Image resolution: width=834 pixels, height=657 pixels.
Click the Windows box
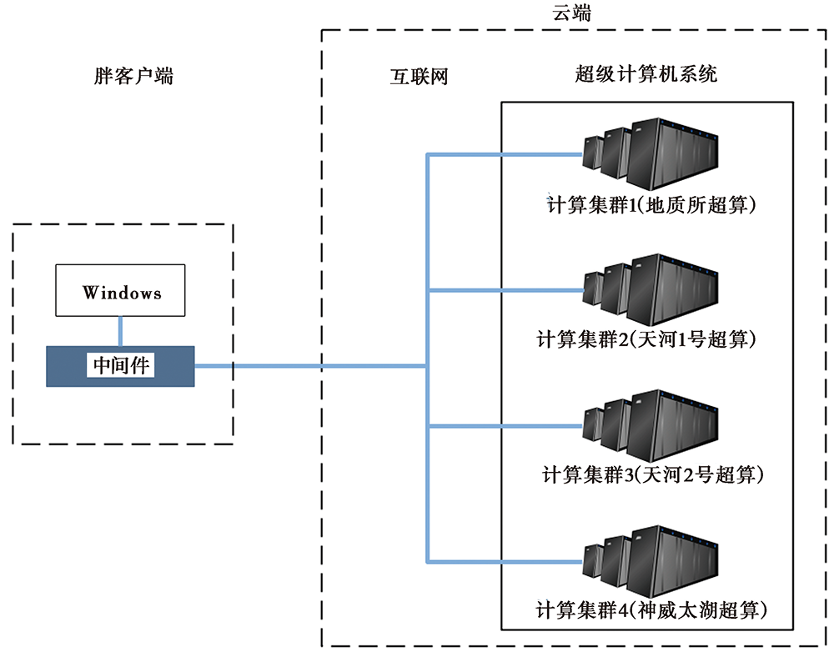click(x=120, y=290)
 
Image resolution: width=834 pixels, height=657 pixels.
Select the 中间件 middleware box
click(x=120, y=366)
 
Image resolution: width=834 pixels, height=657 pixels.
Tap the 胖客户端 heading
click(x=133, y=76)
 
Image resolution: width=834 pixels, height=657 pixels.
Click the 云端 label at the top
click(x=572, y=13)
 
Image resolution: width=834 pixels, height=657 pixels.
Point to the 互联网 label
click(x=420, y=77)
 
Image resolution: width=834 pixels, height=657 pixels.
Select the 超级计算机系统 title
click(x=646, y=74)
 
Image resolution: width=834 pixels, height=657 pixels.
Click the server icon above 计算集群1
click(x=650, y=153)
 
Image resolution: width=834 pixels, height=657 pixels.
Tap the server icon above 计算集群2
click(x=650, y=289)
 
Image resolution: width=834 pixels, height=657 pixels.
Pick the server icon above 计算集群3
click(x=650, y=425)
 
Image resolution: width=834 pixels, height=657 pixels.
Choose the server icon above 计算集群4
click(x=650, y=561)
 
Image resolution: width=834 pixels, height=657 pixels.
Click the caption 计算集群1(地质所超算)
click(x=651, y=204)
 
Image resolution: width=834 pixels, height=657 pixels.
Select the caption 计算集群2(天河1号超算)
click(x=646, y=339)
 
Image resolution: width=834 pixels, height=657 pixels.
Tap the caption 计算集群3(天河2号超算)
click(x=653, y=474)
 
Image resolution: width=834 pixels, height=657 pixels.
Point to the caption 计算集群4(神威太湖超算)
click(x=651, y=610)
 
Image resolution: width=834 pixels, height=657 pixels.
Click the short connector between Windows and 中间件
click(x=120, y=331)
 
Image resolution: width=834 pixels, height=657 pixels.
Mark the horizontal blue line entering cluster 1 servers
click(x=505, y=155)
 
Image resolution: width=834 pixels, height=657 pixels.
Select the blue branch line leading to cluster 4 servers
click(x=505, y=561)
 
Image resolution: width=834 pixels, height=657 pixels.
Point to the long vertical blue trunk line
click(x=427, y=358)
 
